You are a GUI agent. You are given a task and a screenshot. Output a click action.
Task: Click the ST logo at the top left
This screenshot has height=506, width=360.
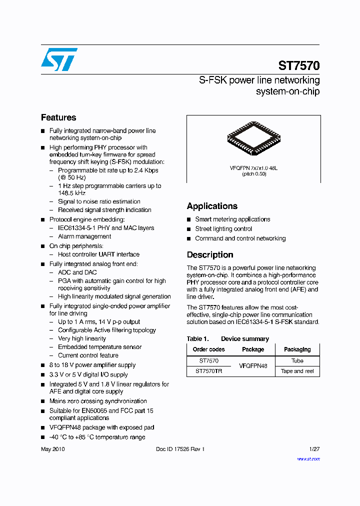[x=59, y=59]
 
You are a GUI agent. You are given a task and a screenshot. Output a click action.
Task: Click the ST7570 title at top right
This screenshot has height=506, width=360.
[x=298, y=66]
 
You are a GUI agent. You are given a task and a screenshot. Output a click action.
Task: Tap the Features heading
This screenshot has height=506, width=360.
[x=58, y=117]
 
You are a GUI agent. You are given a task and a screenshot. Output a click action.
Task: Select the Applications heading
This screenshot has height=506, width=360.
[x=212, y=206]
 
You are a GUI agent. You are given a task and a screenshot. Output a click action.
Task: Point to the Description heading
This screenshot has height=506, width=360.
[x=210, y=254]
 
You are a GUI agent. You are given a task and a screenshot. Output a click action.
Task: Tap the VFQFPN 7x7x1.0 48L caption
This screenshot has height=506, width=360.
[x=253, y=168]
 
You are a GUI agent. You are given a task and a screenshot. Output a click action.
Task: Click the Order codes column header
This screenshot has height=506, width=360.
[x=208, y=349]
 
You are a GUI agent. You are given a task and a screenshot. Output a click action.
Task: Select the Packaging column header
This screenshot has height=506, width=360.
[x=297, y=349]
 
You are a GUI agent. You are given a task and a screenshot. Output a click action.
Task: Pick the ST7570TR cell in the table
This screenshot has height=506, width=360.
[x=208, y=371]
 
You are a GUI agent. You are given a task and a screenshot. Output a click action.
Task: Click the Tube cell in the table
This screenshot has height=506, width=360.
[x=297, y=360]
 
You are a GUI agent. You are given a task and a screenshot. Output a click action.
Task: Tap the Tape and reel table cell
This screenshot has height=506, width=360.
[x=297, y=371]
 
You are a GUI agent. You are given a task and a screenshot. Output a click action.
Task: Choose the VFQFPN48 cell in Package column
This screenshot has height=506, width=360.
[x=253, y=366]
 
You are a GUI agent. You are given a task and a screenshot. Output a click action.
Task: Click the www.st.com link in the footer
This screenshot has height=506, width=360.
[x=308, y=458]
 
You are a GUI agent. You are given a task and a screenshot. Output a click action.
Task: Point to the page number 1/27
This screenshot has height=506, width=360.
[x=314, y=449]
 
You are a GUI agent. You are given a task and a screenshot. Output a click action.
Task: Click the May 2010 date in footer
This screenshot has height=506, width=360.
[x=52, y=449]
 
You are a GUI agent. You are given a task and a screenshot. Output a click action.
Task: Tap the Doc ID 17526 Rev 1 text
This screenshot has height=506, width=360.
[x=180, y=449]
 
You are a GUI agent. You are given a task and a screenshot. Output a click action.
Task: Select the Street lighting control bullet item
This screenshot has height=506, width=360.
[x=223, y=229]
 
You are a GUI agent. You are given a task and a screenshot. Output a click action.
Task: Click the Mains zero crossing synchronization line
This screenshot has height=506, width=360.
[x=98, y=401]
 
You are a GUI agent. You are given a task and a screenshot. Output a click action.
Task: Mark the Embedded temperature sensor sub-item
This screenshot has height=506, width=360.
[x=99, y=347]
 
